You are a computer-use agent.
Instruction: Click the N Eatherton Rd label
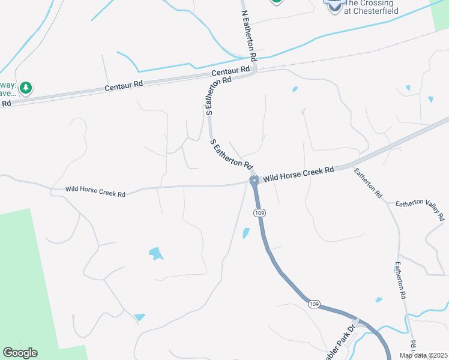[249, 35]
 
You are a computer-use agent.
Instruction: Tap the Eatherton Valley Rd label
[420, 210]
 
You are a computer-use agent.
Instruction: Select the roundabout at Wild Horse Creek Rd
[254, 180]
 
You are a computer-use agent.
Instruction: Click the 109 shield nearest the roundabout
[259, 213]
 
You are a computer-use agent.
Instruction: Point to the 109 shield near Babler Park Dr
[314, 305]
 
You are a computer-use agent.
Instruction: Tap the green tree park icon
[25, 88]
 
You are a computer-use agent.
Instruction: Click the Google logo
[20, 353]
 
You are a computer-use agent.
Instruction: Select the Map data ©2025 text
[423, 355]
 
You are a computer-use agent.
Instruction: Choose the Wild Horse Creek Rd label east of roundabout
[298, 175]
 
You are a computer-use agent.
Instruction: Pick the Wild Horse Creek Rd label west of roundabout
[96, 193]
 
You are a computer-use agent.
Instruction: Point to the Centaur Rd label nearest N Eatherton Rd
[231, 73]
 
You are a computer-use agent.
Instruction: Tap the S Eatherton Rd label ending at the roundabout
[231, 154]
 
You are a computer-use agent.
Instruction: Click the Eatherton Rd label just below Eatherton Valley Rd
[400, 280]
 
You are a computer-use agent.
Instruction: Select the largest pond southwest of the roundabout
[156, 254]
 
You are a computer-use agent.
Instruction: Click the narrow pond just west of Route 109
[246, 233]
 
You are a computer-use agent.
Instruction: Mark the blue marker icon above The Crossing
[334, 3]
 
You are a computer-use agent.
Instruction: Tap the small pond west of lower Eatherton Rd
[378, 299]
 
